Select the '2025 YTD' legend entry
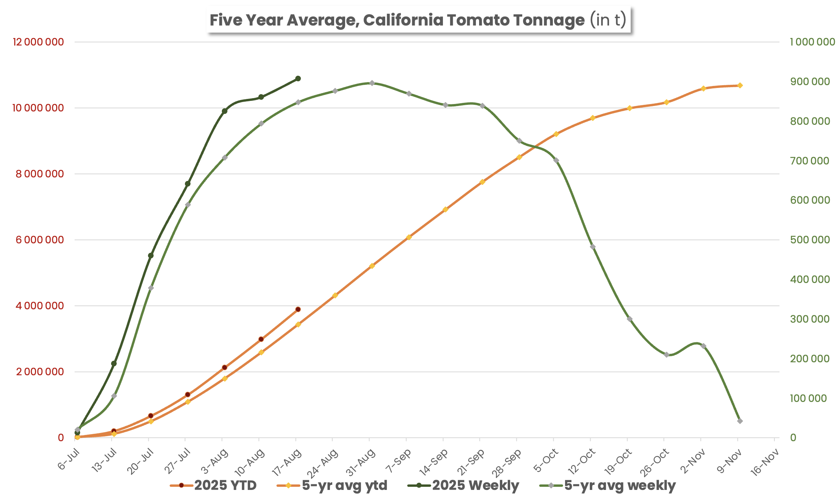coord(214,486)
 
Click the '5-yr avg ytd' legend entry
coord(333,486)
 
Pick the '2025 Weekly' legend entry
coord(464,486)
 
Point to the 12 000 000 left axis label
coord(38,42)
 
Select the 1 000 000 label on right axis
coord(812,42)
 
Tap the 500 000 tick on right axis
coord(810,240)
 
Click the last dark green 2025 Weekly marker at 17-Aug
coord(298,79)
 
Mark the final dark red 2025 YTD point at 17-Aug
coord(298,309)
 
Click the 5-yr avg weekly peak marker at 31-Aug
coord(372,83)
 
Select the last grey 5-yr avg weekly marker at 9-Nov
coord(740,421)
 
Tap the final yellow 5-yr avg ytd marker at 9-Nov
coord(740,85)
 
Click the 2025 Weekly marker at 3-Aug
coord(225,111)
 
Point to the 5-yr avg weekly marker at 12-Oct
coord(593,247)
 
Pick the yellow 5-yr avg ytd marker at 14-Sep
coord(445,209)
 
